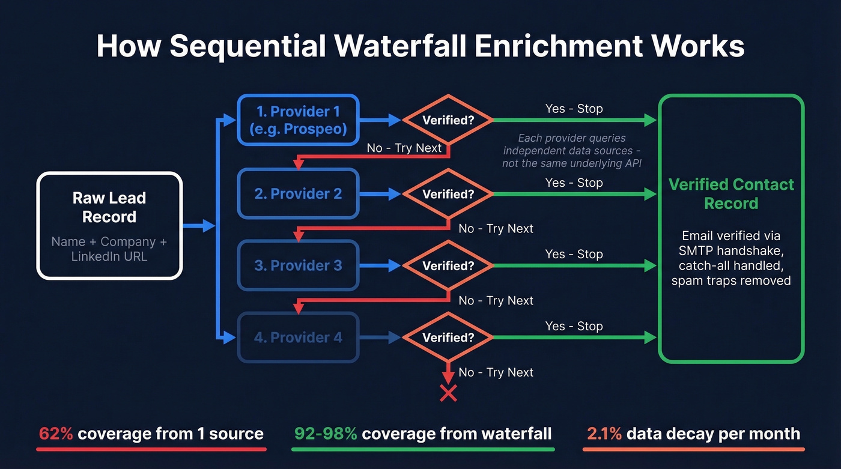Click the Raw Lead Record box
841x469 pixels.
click(x=109, y=225)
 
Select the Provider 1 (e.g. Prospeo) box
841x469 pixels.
click(x=298, y=120)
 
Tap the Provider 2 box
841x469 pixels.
click(x=298, y=194)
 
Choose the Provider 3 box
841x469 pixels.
click(x=298, y=265)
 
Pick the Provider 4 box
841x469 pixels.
click(x=298, y=337)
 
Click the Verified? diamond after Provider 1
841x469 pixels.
click(x=448, y=120)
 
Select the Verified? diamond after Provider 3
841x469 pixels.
click(x=448, y=265)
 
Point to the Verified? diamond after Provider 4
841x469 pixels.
click(x=448, y=337)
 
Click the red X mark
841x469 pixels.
click(x=448, y=393)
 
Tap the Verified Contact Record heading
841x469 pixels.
click(x=731, y=193)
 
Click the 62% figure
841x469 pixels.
click(x=56, y=434)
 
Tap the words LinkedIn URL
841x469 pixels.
click(x=109, y=256)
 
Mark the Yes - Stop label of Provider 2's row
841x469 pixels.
click(x=574, y=183)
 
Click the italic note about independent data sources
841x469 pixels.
click(x=572, y=150)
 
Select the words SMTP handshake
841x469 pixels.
click(x=730, y=250)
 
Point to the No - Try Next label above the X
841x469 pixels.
click(x=496, y=372)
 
